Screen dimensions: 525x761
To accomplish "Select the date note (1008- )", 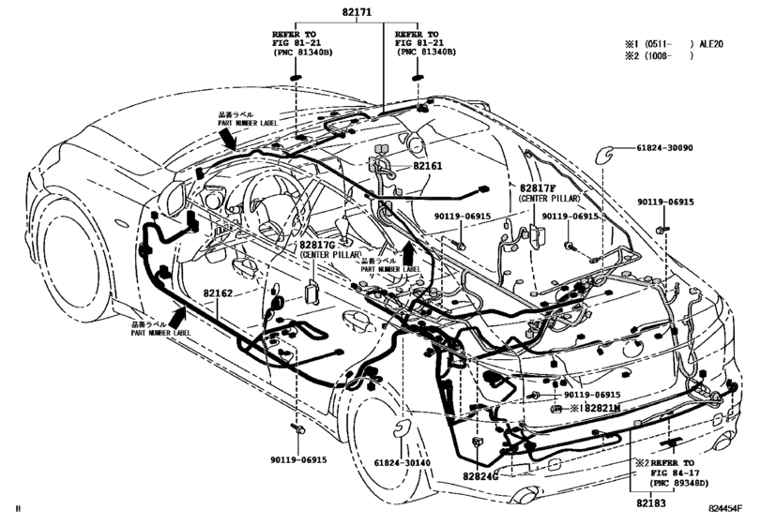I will [669, 56].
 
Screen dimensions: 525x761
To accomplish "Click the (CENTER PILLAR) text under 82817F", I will [550, 199].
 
